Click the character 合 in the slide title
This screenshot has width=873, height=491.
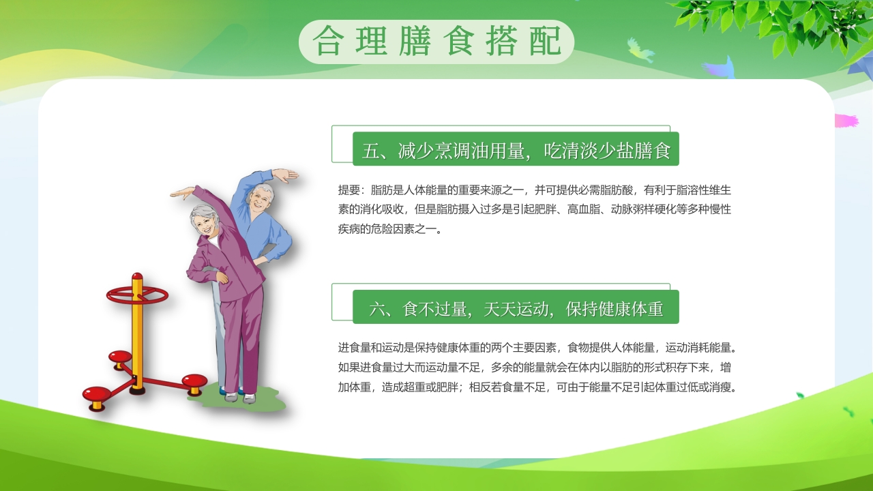[327, 42]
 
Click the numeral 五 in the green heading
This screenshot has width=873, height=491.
[370, 151]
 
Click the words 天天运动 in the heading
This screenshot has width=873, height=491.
[516, 310]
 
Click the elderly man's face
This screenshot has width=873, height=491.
[259, 200]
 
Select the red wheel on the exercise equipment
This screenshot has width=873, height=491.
[137, 295]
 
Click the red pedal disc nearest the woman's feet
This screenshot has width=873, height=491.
[194, 381]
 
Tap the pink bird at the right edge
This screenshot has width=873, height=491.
[846, 121]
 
